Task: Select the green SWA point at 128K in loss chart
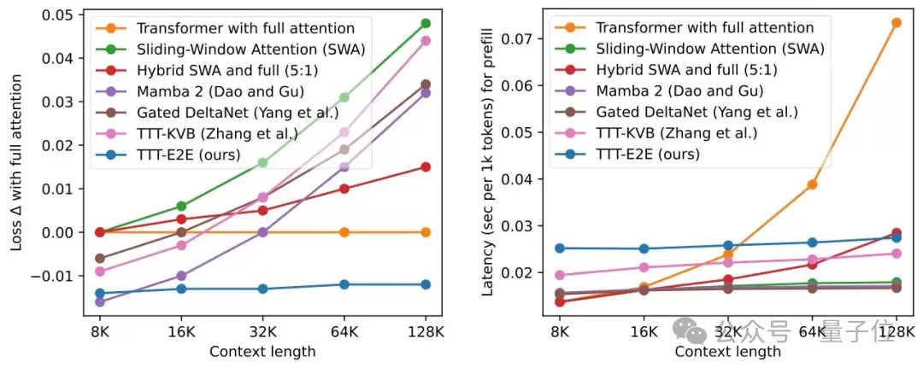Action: click(426, 23)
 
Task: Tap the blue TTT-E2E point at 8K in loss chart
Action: click(99, 293)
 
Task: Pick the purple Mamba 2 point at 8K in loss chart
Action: click(99, 302)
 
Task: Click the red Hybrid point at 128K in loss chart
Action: click(426, 166)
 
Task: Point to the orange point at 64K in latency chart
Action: click(812, 184)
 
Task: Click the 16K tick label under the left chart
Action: click(180, 332)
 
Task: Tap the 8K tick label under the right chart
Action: click(560, 332)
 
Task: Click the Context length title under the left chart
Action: click(262, 351)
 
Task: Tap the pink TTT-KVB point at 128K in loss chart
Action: click(426, 41)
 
